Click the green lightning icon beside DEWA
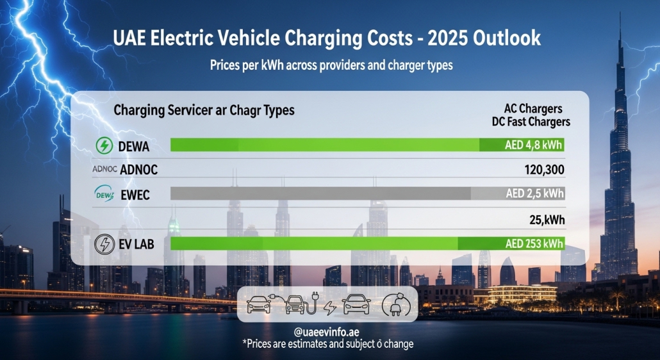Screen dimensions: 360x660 coord(103,146)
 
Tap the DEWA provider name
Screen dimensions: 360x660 coord(134,147)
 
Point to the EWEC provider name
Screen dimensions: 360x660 coord(135,195)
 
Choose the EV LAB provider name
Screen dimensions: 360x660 coord(136,244)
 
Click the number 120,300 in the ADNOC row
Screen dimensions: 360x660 coord(545,170)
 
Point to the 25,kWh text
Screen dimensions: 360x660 coord(547,220)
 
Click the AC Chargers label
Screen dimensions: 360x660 coord(534,109)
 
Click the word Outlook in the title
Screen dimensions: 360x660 coord(506,38)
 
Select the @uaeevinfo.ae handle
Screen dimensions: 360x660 coord(327,332)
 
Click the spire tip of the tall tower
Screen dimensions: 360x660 coord(620,14)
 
